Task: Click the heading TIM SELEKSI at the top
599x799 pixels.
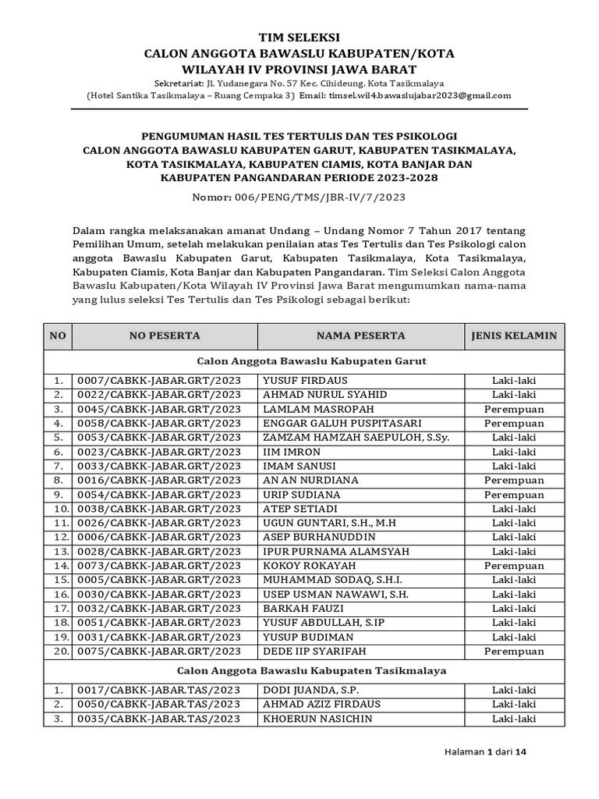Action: (x=299, y=37)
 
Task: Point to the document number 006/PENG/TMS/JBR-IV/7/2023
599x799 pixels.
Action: (x=299, y=197)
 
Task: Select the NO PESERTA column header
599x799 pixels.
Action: (x=165, y=336)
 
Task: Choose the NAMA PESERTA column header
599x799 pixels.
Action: (x=360, y=336)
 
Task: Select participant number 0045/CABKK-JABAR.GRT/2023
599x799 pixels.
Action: (x=158, y=409)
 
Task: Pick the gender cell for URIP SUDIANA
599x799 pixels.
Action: (x=513, y=495)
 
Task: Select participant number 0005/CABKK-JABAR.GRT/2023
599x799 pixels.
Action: (x=158, y=580)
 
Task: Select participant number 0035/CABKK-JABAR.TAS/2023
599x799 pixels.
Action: (x=158, y=719)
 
